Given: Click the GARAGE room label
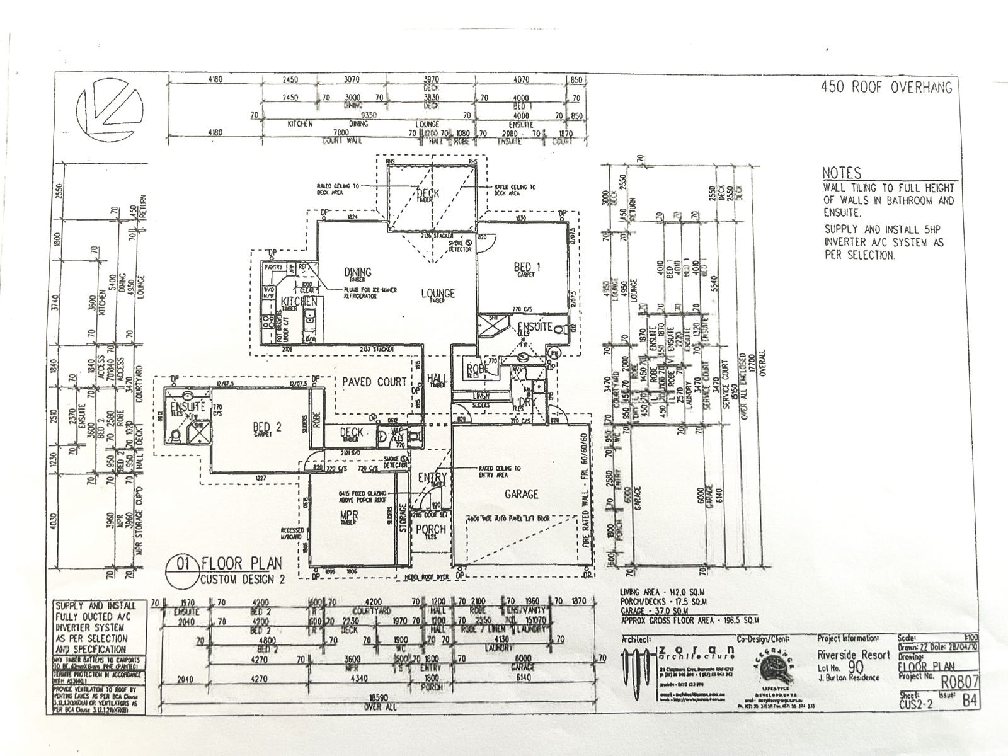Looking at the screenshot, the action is [521, 494].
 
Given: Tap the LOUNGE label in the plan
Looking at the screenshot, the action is [438, 294].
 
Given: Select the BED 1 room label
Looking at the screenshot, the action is [527, 266].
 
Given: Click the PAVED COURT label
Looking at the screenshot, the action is [374, 382].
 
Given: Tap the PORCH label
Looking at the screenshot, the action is [432, 529].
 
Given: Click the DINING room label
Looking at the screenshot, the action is [357, 272].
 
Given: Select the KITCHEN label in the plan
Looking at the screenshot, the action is [299, 301].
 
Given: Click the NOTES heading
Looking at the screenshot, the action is [841, 173].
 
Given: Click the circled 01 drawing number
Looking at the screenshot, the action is [182, 566].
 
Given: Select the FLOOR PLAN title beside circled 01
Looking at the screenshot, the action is [241, 563].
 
